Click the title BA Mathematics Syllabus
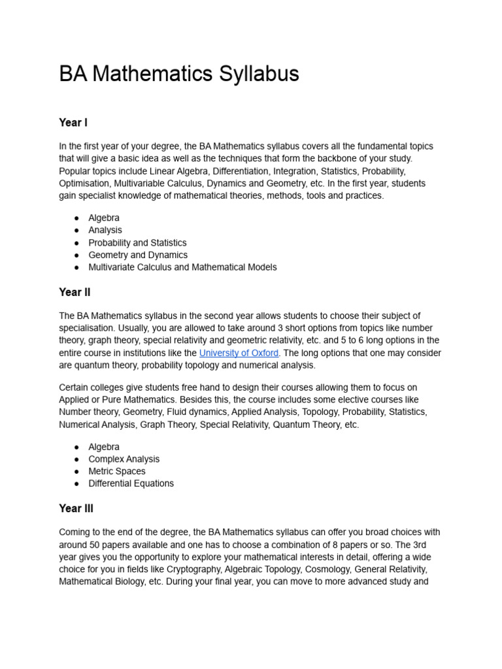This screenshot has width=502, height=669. point(178,74)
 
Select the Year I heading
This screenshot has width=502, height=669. point(73,123)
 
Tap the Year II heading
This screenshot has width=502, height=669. point(75,292)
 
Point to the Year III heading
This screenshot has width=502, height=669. point(76,508)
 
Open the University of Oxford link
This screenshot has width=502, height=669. point(239,353)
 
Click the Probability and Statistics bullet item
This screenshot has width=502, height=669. point(137,242)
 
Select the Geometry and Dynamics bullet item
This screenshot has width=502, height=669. point(138,255)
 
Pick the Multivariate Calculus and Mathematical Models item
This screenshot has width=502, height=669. point(182,267)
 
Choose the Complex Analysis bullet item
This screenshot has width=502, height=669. point(124,459)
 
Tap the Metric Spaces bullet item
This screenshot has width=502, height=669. point(117,471)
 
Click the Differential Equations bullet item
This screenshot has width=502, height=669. point(131,483)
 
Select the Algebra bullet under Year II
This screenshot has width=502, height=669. point(104,447)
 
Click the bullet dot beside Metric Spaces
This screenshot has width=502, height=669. point(76,472)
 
